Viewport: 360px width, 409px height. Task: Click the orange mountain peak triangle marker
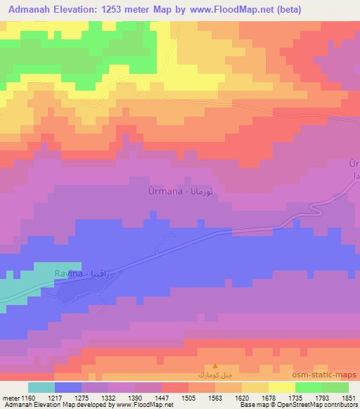tap(215, 366)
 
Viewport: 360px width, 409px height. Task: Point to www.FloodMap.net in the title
tap(273, 10)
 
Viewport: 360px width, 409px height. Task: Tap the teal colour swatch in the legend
tap(41, 387)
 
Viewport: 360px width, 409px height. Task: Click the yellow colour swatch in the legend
tap(282, 387)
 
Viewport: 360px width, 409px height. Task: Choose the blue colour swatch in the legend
tap(68, 387)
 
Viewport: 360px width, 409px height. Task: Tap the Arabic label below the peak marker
tap(215, 376)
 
